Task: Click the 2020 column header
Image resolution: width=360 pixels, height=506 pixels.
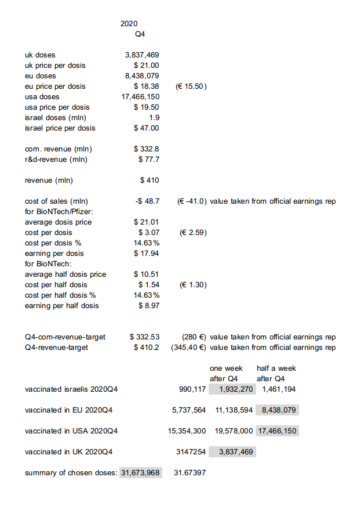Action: point(129,24)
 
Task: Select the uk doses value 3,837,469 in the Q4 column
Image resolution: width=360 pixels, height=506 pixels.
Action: point(142,55)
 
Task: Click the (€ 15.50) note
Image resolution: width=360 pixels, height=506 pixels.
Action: point(191,86)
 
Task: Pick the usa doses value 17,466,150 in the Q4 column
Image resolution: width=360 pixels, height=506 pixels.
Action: point(140,97)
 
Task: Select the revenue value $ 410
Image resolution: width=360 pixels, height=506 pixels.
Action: point(150,180)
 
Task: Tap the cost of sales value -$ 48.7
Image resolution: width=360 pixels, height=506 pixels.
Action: point(147,201)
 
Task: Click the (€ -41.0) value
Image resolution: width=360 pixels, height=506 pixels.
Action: point(191,201)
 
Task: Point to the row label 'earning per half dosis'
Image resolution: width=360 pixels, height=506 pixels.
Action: point(62,306)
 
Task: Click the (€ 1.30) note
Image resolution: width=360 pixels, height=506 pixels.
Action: point(193,285)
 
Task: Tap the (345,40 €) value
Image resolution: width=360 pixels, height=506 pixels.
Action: point(189,348)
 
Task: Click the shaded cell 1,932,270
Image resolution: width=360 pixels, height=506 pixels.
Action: point(232,389)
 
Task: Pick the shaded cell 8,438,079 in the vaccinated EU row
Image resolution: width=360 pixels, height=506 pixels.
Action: point(278,410)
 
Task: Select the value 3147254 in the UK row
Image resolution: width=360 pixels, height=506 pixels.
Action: point(191,452)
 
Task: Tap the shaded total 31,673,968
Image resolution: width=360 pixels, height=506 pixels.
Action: point(140,473)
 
